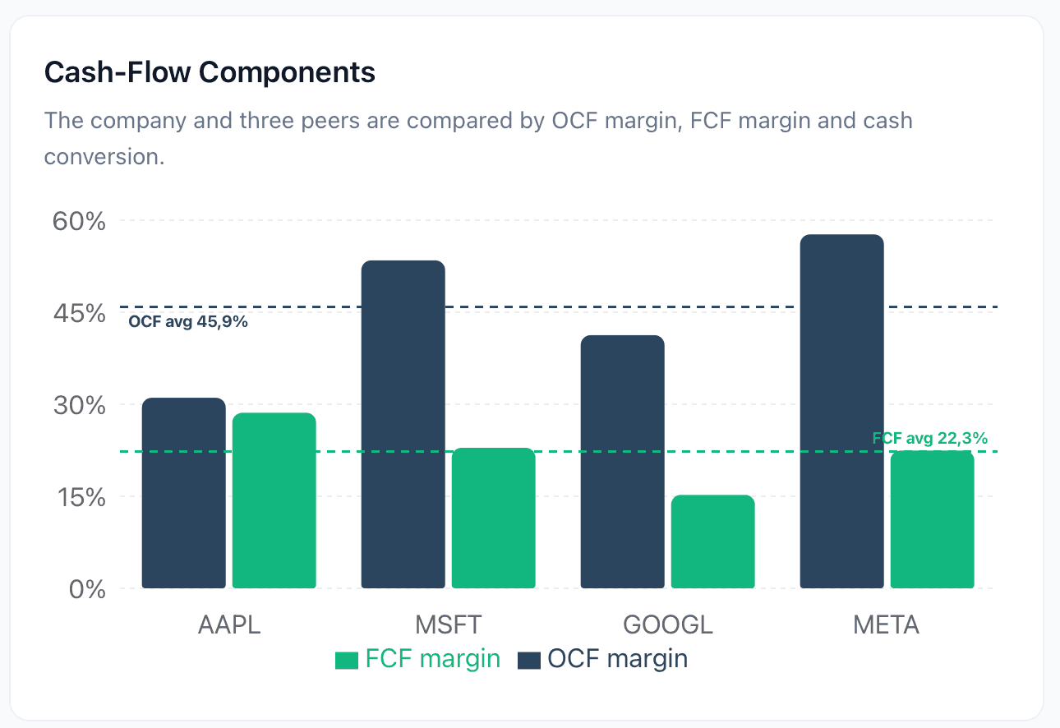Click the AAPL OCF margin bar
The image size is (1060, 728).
pos(183,493)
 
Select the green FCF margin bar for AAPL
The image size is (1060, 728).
pos(274,500)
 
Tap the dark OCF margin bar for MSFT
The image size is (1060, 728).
pos(403,424)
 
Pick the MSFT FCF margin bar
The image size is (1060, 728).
pos(494,518)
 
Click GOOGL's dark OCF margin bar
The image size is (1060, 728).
pos(623,462)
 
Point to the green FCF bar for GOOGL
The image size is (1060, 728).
pos(713,541)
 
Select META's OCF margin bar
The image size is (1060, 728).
pos(842,412)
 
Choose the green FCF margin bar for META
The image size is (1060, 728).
pos(933,519)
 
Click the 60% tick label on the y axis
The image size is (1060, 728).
pos(79,221)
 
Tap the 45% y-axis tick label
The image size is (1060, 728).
pos(80,313)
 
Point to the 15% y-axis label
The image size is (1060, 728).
pos(81,497)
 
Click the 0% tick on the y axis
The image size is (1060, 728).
pos(87,589)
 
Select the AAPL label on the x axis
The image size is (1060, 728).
pos(229,624)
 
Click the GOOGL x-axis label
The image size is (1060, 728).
pos(668,624)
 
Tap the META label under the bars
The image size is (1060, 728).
pos(886,624)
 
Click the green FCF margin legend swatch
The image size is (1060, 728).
pos(347,661)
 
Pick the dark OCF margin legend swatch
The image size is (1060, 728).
pos(529,661)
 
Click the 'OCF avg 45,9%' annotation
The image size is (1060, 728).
pos(188,322)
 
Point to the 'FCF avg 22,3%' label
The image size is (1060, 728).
pos(930,438)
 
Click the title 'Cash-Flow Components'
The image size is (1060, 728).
pos(210,72)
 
